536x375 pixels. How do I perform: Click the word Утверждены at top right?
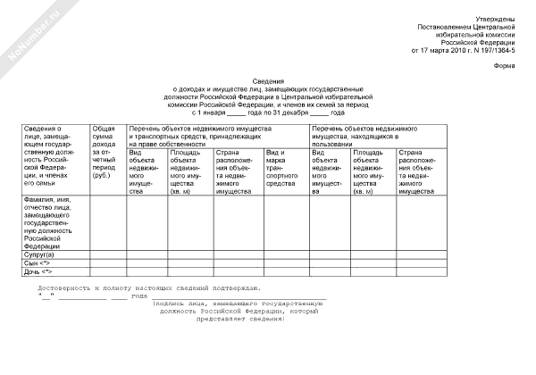point(495,18)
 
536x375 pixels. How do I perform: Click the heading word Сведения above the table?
point(267,79)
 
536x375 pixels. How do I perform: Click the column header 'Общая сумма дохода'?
point(104,147)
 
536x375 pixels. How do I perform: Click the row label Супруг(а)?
point(39,254)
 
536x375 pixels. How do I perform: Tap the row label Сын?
point(38,263)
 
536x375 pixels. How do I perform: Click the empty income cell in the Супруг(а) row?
point(106,254)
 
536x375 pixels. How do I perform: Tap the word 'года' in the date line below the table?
point(138,296)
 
